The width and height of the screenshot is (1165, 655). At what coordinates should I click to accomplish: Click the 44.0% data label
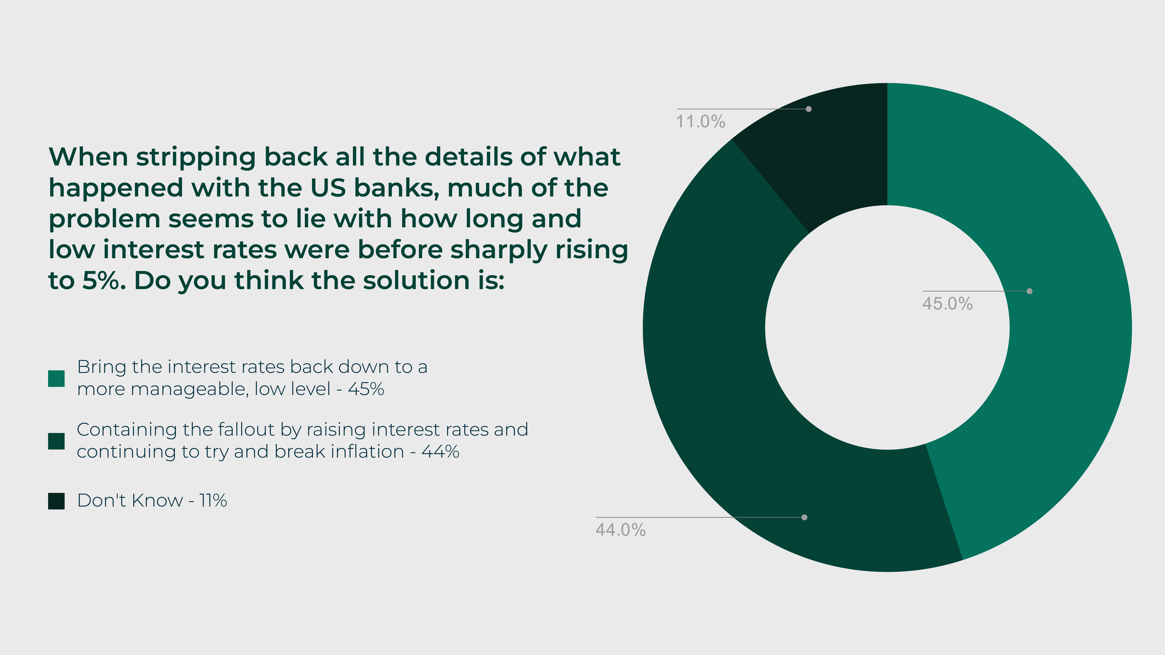(x=621, y=530)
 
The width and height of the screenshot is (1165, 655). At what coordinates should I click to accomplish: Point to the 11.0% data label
(x=701, y=122)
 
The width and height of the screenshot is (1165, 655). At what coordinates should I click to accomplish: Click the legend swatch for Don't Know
(x=56, y=501)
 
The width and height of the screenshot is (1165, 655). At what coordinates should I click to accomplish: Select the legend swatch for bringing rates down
(x=56, y=378)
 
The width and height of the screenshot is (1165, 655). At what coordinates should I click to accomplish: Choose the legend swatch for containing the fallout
(x=56, y=441)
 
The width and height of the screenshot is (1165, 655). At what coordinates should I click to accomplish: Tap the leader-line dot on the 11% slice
(x=809, y=109)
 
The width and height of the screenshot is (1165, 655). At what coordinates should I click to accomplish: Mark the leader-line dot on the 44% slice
(x=804, y=517)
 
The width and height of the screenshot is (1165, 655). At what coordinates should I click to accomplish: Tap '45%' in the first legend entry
(x=366, y=389)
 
